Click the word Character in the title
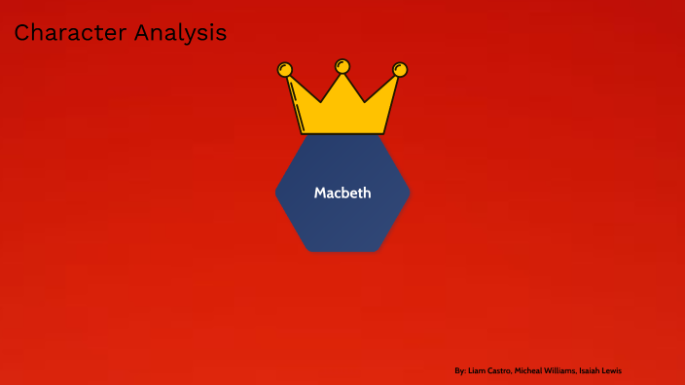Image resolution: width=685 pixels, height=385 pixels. tap(70, 33)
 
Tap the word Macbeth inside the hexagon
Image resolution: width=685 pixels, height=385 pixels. tap(342, 192)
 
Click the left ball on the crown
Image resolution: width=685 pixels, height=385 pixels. tap(285, 69)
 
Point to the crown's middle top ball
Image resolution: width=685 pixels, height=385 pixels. tap(342, 66)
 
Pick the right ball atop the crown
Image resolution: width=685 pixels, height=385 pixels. tap(400, 69)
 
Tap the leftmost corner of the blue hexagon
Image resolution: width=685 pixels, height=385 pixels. tap(277, 193)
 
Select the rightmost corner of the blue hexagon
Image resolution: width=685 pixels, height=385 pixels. tap(410, 193)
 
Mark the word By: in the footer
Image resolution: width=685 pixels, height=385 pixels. tap(460, 370)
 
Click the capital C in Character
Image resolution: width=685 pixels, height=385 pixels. tap(21, 33)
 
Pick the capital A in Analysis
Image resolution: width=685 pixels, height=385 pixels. tap(142, 33)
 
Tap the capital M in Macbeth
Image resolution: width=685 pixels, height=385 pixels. tap(319, 192)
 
